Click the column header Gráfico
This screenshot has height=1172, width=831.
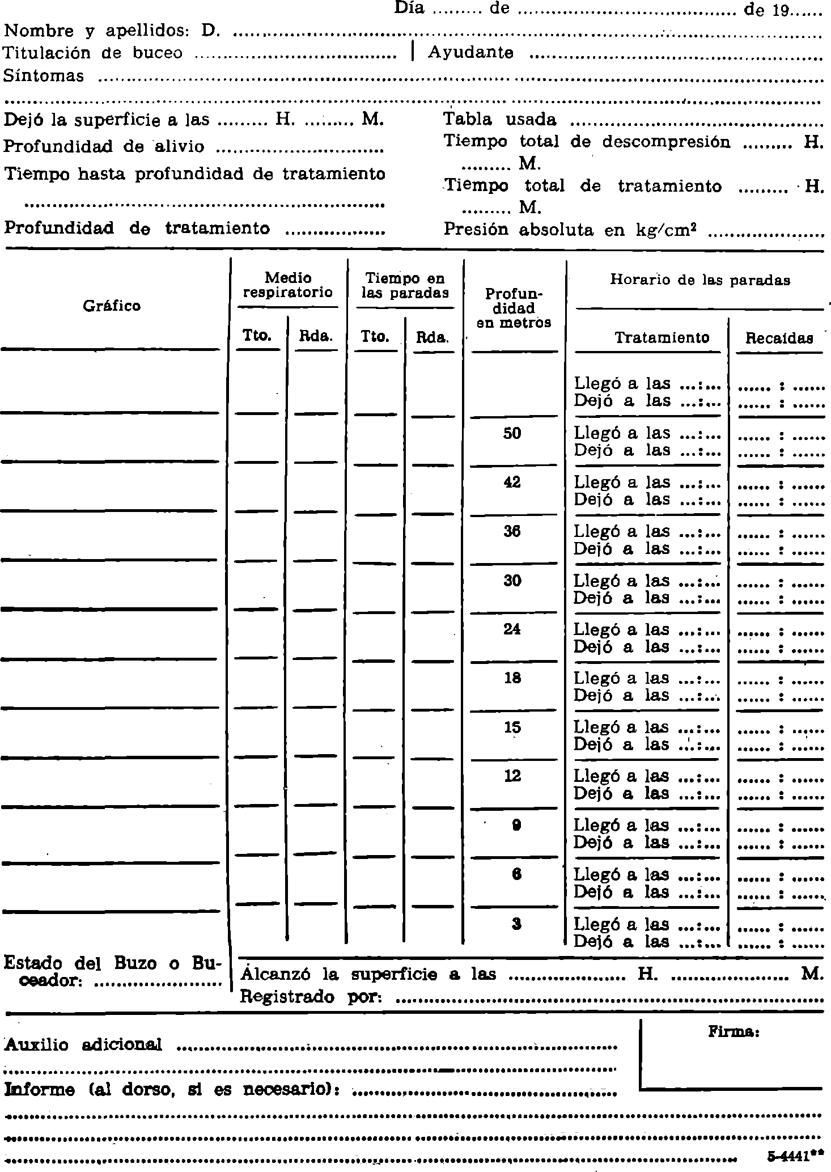[112, 306]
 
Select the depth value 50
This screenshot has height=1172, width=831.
[512, 434]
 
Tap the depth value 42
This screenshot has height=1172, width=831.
[512, 483]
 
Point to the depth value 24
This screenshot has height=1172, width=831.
[512, 629]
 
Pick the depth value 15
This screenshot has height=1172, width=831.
[512, 727]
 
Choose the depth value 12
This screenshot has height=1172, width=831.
[512, 776]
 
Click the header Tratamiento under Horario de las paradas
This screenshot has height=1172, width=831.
[662, 338]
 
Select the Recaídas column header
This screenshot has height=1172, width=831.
[779, 339]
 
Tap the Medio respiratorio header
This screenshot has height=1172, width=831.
[288, 285]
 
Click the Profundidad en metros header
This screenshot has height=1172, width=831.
[514, 308]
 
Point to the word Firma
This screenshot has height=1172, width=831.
[734, 1032]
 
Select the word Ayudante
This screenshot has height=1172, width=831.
[471, 53]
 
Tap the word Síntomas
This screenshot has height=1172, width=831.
[44, 76]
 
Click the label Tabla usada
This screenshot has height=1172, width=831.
[499, 120]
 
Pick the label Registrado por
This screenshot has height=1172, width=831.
[310, 997]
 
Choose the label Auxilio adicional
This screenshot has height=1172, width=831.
[83, 1045]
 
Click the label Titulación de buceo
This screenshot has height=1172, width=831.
[93, 53]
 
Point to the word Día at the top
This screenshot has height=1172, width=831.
[409, 9]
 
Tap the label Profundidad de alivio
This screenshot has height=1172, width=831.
[104, 146]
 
